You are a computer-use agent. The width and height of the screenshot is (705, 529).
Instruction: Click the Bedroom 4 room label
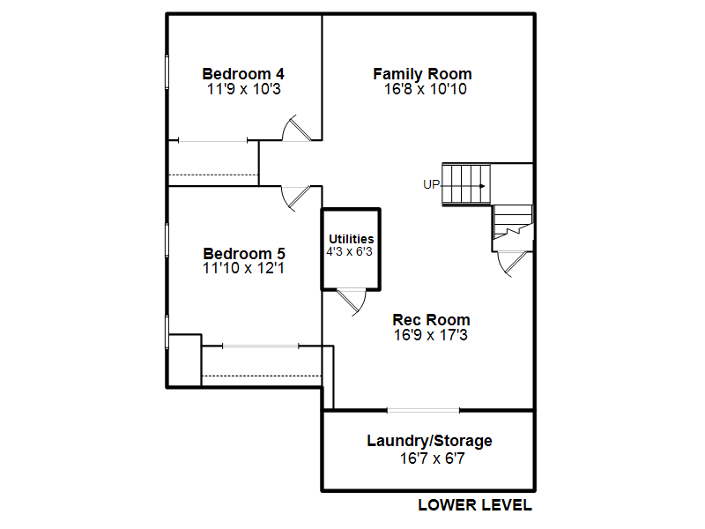coord(243,74)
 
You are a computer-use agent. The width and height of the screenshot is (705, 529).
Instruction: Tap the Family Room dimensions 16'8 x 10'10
coord(426,89)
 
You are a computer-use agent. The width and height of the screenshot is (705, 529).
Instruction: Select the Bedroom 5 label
coord(244,254)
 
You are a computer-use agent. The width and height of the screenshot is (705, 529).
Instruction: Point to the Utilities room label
coord(351,239)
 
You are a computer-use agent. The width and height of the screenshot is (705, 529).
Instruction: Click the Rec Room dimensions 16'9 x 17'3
coord(431,335)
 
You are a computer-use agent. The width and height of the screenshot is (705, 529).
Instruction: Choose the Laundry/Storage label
coord(429,441)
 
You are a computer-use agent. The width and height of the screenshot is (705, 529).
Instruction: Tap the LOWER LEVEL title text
coord(475,505)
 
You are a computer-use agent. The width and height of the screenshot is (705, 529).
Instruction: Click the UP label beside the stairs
coord(431,184)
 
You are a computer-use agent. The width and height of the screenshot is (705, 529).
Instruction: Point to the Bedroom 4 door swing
coord(297,128)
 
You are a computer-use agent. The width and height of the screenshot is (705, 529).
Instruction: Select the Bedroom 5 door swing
coord(296,198)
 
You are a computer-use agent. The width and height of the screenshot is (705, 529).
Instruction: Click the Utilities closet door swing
coord(352,302)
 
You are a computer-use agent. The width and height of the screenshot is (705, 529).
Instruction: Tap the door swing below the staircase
coord(512,264)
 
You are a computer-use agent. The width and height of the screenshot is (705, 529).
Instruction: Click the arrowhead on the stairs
coord(482,186)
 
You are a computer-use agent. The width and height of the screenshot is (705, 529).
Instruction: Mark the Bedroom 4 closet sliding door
coord(212,141)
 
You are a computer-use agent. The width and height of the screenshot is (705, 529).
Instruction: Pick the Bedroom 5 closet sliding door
coord(261,346)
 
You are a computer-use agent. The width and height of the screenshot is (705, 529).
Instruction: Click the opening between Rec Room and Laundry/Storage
coord(423,410)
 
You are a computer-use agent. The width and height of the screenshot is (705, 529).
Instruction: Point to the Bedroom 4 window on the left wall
coord(167,72)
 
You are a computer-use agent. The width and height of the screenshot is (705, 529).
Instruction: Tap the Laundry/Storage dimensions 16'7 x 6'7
coord(432,458)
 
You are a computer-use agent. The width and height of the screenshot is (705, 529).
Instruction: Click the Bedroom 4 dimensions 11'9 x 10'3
coord(244,89)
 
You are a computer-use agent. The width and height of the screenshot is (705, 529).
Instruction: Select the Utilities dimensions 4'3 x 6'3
coord(349,251)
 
